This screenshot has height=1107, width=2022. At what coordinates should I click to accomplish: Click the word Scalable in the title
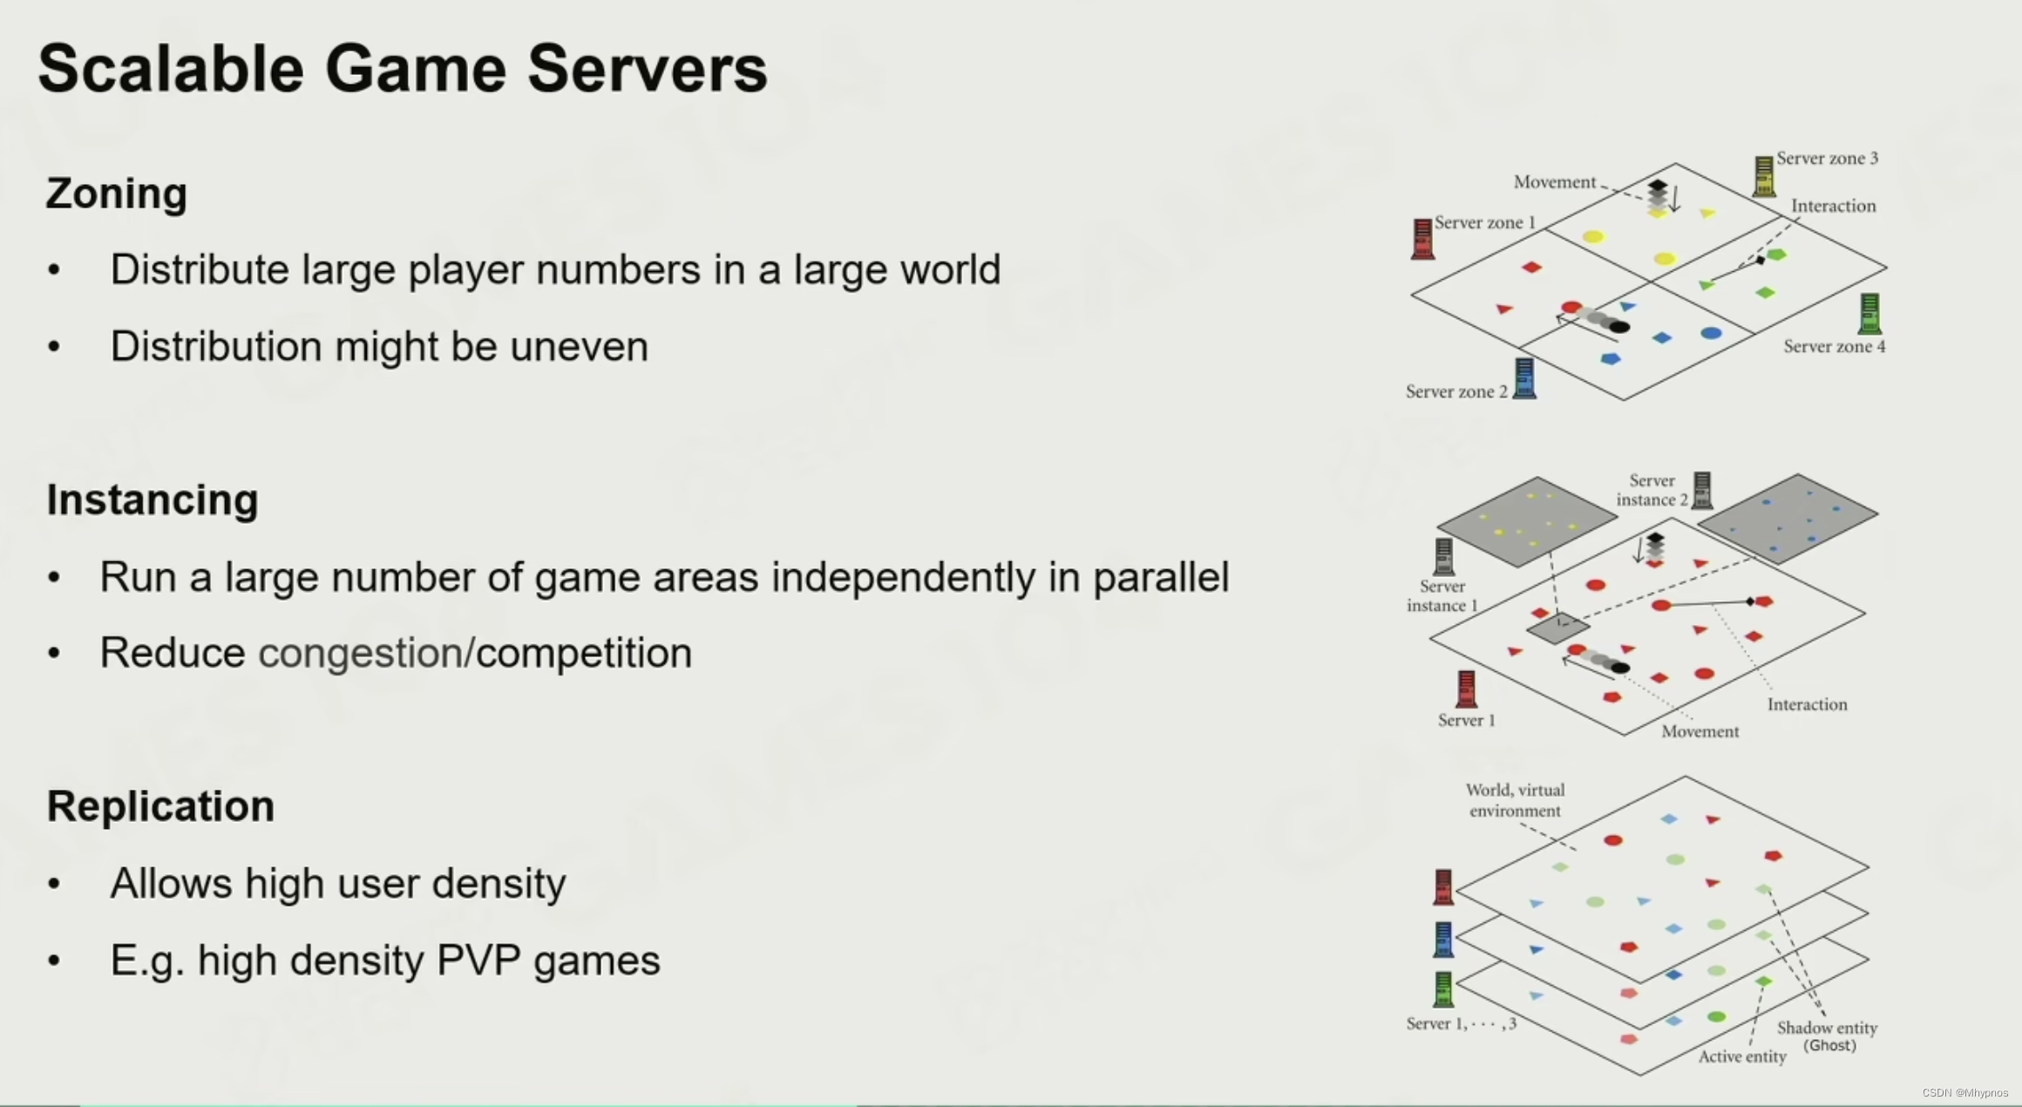[171, 69]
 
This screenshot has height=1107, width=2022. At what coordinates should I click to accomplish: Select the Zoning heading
[117, 194]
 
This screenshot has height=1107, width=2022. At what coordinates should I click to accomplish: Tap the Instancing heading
[153, 500]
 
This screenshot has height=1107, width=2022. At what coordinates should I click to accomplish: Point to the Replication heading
[160, 806]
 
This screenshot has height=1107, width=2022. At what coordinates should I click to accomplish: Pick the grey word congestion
[361, 653]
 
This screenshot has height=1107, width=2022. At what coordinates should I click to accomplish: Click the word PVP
[478, 961]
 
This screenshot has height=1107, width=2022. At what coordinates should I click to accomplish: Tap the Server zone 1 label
[1484, 222]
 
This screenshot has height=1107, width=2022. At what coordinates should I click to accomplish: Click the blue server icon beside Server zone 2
[1524, 378]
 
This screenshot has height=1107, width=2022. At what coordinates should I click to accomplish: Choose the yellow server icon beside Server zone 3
[1763, 176]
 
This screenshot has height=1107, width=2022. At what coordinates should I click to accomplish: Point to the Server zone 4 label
[1834, 347]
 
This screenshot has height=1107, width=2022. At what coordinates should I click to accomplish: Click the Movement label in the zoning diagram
[1554, 182]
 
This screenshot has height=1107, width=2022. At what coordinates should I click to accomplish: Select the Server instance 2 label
[1652, 490]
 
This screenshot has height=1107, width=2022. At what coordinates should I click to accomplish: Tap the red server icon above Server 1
[1466, 689]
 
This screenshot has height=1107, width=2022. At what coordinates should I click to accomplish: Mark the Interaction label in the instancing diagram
[1807, 704]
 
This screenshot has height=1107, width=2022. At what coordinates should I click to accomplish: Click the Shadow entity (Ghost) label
[1827, 1036]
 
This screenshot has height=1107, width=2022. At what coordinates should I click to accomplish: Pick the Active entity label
[1741, 1056]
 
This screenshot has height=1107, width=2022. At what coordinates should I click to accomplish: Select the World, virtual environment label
[1515, 800]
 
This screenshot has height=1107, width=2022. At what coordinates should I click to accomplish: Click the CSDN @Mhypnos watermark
[1964, 1093]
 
